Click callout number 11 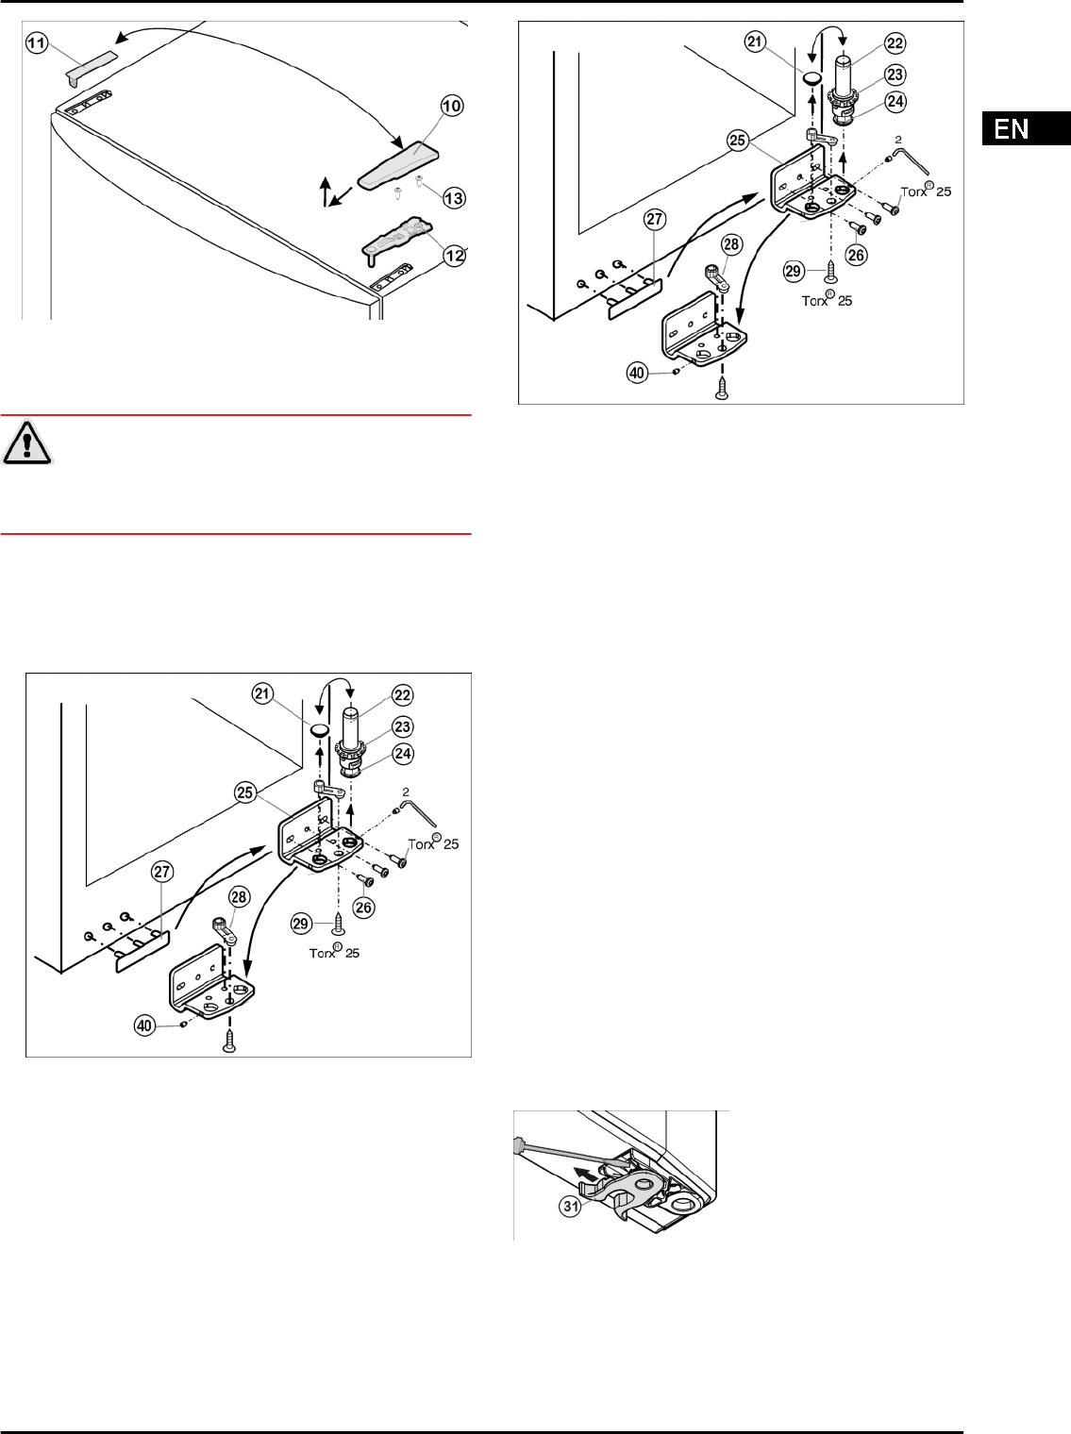[37, 43]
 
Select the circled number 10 [452, 106]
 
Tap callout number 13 [454, 198]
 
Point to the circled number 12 [454, 256]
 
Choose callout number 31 [571, 1206]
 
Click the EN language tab [1026, 128]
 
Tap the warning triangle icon [26, 442]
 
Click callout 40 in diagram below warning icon [144, 1025]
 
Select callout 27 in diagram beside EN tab [655, 220]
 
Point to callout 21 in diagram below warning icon [262, 693]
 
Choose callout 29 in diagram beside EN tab [793, 271]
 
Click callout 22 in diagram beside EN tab [895, 43]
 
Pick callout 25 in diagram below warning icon [244, 792]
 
